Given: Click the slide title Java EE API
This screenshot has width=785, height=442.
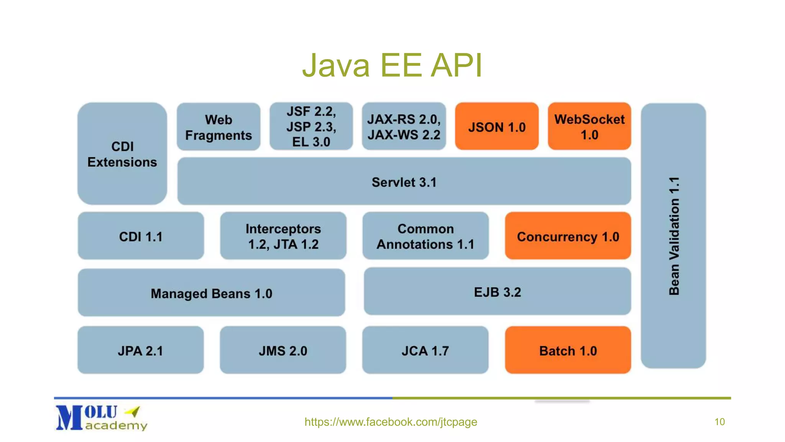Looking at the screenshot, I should [x=392, y=65].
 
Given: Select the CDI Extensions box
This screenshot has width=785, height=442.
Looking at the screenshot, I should [x=122, y=154].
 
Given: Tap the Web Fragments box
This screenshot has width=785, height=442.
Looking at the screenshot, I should [x=218, y=127].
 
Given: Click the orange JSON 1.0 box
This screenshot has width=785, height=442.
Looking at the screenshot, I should [x=497, y=127].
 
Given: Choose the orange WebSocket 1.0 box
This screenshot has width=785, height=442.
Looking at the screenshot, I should [x=589, y=127].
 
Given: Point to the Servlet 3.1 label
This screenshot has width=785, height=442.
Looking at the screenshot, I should [x=404, y=182].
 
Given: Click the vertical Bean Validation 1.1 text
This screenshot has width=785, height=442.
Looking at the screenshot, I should [x=674, y=236].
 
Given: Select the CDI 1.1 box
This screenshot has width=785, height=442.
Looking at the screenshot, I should [x=141, y=236].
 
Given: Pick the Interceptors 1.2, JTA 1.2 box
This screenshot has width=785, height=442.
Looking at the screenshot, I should [x=283, y=236].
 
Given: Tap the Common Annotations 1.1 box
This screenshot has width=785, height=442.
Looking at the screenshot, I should [x=425, y=236].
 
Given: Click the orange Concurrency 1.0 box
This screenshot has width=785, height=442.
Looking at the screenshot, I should [x=568, y=236].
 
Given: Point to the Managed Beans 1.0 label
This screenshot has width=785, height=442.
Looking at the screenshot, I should [x=211, y=294].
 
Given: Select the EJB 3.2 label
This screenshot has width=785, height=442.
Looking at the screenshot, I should [x=497, y=292].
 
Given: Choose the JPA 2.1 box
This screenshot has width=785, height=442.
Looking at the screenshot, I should [x=141, y=351].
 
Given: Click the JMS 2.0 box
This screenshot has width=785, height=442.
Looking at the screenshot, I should [x=283, y=351].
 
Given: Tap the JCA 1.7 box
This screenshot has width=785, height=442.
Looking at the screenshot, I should [x=425, y=351].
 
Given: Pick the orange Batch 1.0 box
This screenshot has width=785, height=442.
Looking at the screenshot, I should [x=568, y=351].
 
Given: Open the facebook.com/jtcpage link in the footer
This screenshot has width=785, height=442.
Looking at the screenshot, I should [x=391, y=422].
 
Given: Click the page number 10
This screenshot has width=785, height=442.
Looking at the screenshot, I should [x=719, y=422].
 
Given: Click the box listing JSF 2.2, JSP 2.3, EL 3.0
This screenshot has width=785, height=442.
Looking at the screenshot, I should [x=311, y=127].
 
